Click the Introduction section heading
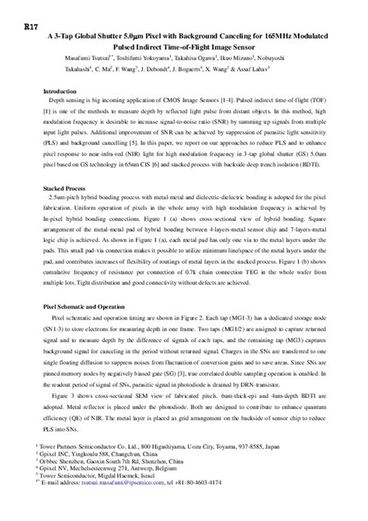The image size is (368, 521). (x=57, y=91)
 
